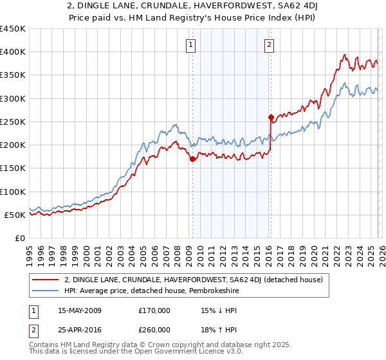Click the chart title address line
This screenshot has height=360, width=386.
(x=192, y=6)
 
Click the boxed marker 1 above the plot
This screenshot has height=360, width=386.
(x=192, y=44)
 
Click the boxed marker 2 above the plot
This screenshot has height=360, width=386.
(x=268, y=44)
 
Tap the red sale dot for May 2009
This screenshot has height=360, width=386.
(x=192, y=159)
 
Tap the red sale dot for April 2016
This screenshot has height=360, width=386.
(x=271, y=117)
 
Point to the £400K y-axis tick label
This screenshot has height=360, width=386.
(x=12, y=52)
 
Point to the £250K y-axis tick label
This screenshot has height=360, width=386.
(x=12, y=122)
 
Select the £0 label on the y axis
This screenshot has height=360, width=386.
(x=19, y=238)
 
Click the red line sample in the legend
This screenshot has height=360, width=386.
(x=45, y=280)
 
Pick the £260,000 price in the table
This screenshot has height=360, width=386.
(x=154, y=331)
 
